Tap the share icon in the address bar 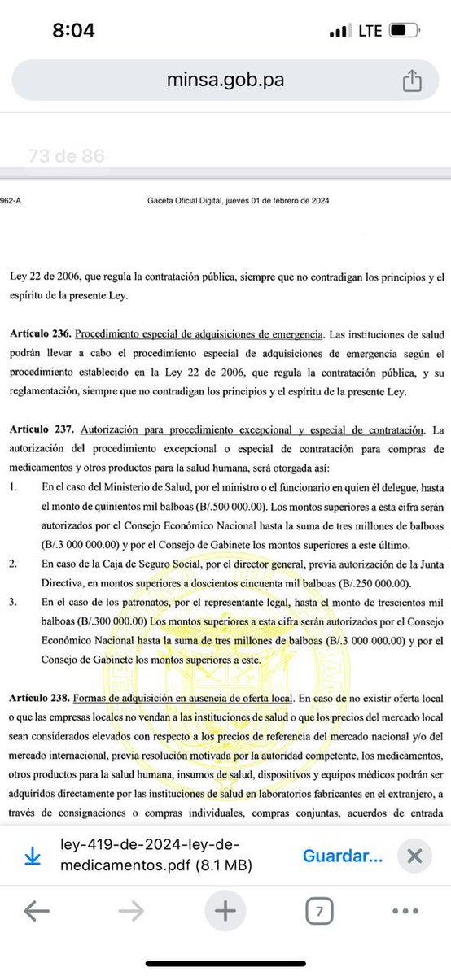(411, 80)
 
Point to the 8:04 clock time (73, 31)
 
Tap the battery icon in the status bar (401, 31)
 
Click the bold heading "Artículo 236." (37, 333)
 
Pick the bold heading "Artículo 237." (37, 428)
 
